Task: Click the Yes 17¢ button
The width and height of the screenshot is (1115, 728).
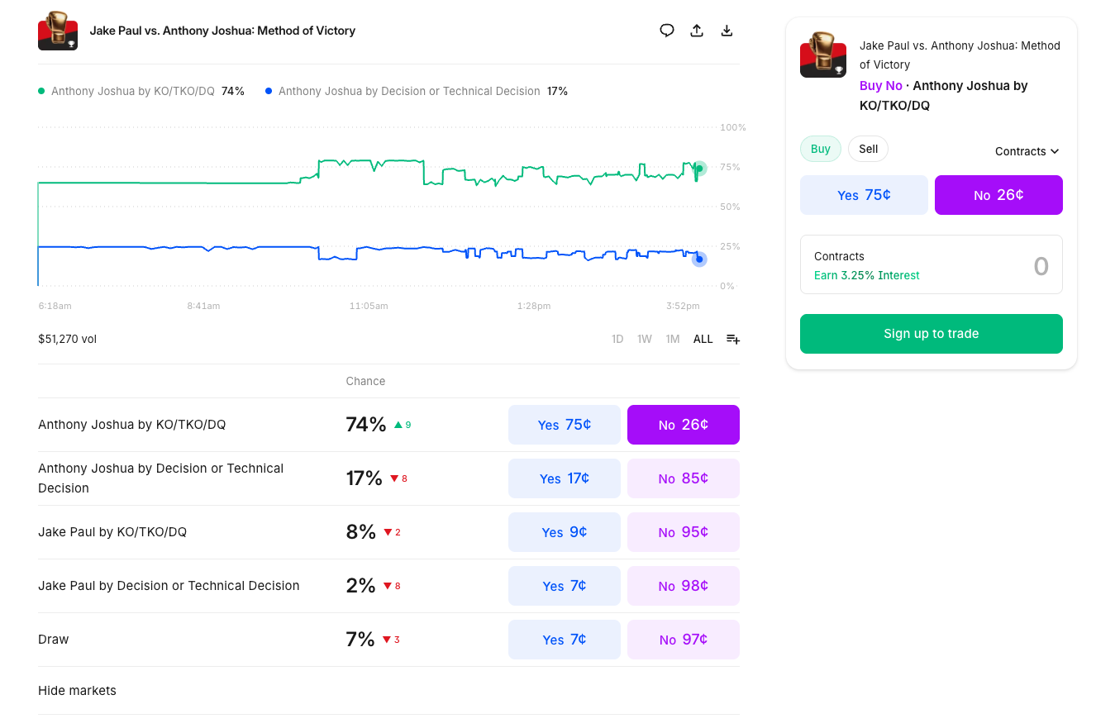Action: (x=564, y=478)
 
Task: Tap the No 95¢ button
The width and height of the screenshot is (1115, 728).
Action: (x=683, y=532)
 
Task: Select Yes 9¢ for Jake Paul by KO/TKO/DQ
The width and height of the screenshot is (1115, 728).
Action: (x=564, y=532)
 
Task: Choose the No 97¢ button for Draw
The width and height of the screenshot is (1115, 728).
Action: (x=683, y=640)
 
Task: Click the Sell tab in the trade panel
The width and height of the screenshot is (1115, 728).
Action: (x=868, y=149)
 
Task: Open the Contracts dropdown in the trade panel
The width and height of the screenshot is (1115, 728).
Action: (x=1027, y=151)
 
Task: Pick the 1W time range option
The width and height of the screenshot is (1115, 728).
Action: (x=645, y=339)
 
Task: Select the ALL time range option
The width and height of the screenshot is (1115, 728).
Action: (x=703, y=339)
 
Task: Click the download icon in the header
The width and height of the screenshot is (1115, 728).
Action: (x=727, y=31)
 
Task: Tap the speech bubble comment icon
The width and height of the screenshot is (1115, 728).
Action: (x=667, y=31)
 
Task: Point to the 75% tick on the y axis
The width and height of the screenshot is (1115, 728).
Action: (x=730, y=167)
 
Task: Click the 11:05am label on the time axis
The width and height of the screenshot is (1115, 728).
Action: (x=369, y=306)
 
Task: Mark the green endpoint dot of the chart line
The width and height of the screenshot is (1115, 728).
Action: (x=699, y=169)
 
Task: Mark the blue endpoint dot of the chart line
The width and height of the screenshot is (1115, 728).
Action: (x=699, y=259)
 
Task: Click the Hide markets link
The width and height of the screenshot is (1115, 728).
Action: (x=77, y=691)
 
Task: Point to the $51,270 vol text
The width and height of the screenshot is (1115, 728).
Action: (x=67, y=339)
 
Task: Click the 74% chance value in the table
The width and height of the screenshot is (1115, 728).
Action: (x=365, y=425)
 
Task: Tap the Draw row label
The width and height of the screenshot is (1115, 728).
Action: (x=54, y=640)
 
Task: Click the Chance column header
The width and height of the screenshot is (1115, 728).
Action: (x=365, y=381)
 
